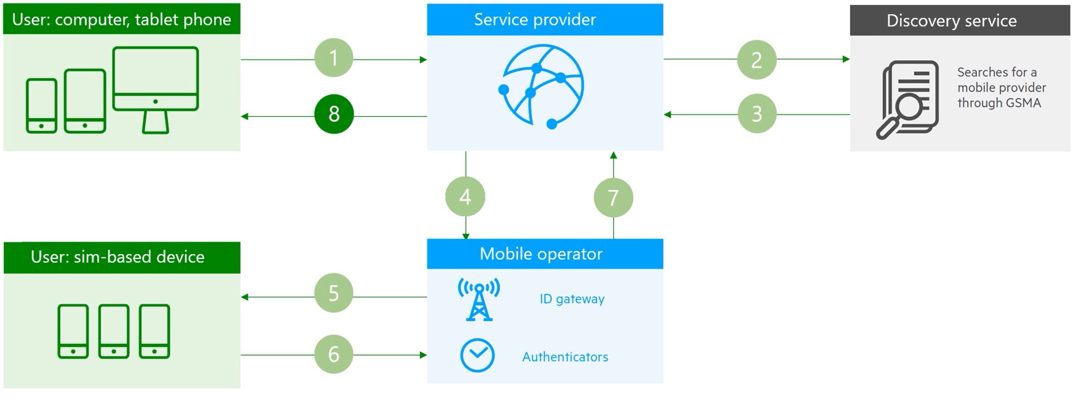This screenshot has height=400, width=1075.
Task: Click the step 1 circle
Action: (334, 58)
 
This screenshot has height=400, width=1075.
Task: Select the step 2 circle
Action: (756, 59)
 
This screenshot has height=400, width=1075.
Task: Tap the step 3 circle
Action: (757, 114)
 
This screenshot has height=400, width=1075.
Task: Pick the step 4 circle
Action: (465, 196)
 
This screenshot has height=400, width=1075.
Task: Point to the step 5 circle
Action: (334, 293)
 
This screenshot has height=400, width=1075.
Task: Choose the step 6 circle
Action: (334, 354)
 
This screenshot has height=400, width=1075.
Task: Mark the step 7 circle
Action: (613, 198)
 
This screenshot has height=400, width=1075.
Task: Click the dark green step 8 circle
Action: (334, 114)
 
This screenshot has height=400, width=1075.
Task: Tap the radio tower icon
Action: (479, 299)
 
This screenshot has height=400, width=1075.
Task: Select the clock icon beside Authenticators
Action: (477, 355)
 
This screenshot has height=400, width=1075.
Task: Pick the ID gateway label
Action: (572, 299)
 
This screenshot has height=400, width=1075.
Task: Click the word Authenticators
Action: (565, 357)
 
